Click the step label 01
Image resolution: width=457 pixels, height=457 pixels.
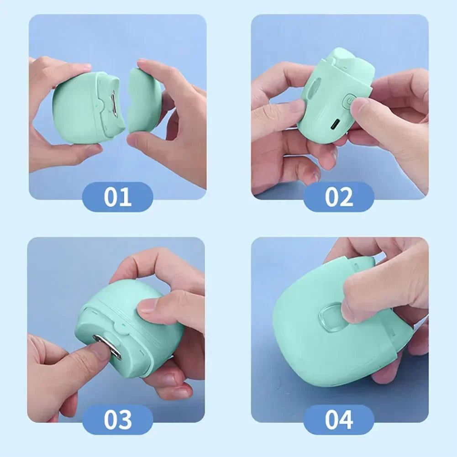click(117, 197)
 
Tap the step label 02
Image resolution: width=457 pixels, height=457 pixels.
click(339, 197)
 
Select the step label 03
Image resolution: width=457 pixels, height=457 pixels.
click(117, 420)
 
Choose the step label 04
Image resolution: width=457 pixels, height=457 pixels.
click(339, 420)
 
